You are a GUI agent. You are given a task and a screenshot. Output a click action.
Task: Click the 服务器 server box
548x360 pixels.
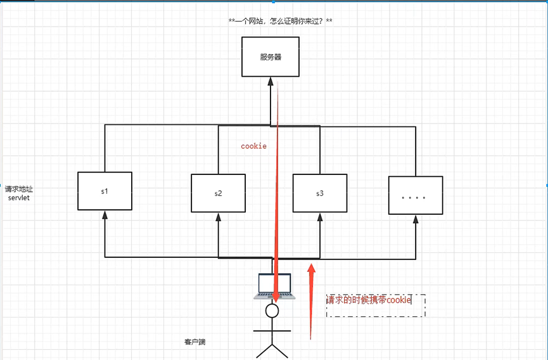pyautogui.click(x=271, y=57)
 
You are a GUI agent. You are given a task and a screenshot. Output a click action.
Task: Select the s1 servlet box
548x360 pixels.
pyautogui.click(x=105, y=191)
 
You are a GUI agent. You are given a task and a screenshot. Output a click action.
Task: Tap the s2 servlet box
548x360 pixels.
pyautogui.click(x=218, y=193)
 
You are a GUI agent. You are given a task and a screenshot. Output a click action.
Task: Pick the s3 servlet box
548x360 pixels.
pyautogui.click(x=319, y=193)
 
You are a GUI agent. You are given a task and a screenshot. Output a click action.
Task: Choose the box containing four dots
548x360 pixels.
pyautogui.click(x=414, y=196)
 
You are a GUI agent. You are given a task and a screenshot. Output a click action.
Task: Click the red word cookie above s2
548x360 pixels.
pyautogui.click(x=253, y=146)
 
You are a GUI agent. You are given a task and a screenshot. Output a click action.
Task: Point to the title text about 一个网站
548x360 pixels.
pyautogui.click(x=280, y=22)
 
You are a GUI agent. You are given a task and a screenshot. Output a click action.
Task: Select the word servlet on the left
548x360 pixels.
pyautogui.click(x=20, y=198)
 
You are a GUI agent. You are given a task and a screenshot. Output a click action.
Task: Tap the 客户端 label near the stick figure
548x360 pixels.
pyautogui.click(x=194, y=342)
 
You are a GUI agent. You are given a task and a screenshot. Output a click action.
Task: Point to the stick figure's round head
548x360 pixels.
pyautogui.click(x=272, y=310)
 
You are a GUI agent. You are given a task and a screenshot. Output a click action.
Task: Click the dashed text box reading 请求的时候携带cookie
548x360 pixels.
pyautogui.click(x=375, y=305)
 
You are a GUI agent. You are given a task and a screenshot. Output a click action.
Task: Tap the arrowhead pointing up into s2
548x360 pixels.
pyautogui.click(x=218, y=216)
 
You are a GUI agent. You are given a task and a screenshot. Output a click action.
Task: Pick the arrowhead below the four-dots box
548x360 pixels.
pyautogui.click(x=416, y=219)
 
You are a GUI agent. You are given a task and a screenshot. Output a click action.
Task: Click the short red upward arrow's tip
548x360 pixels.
pyautogui.click(x=311, y=268)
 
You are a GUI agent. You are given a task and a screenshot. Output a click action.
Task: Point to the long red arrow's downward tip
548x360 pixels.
pyautogui.click(x=276, y=299)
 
